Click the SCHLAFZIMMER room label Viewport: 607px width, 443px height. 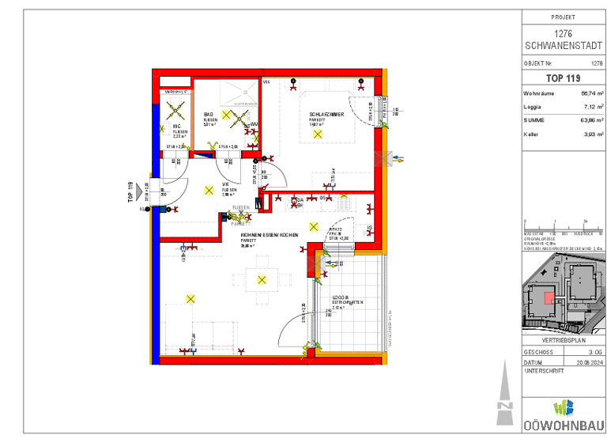[326, 114]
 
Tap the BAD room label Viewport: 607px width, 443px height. [209, 114]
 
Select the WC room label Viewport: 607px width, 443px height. [177, 127]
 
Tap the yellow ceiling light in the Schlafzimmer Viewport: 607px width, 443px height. [318, 134]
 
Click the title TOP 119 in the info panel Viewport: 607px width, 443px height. [563, 78]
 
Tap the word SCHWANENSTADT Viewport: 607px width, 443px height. [563, 44]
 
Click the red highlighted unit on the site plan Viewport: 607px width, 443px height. [548, 297]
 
